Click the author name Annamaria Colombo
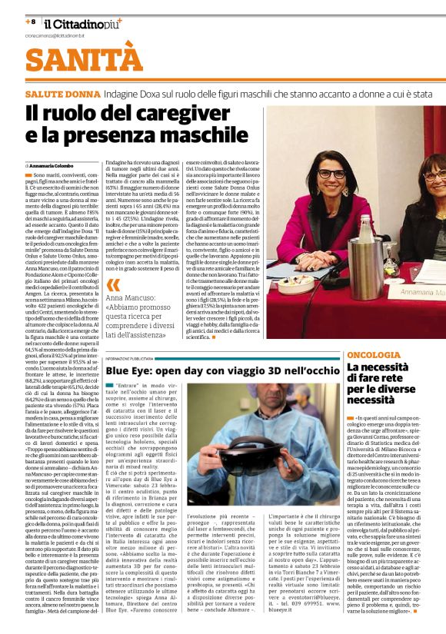pos(52,165)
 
